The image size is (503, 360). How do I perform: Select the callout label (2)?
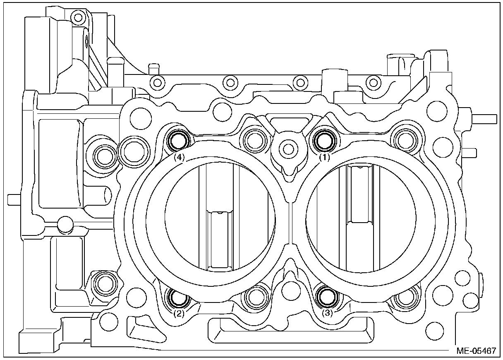pos(178,313)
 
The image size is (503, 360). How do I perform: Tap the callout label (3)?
pos(327,313)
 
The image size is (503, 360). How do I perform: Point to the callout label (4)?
pos(179,157)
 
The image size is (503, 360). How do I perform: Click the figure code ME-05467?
pos(476,350)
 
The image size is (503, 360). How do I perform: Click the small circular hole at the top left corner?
pos(77,17)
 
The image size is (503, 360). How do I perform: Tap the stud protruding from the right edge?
pos(484,118)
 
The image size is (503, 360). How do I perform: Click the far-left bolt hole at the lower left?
pos(103,283)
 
